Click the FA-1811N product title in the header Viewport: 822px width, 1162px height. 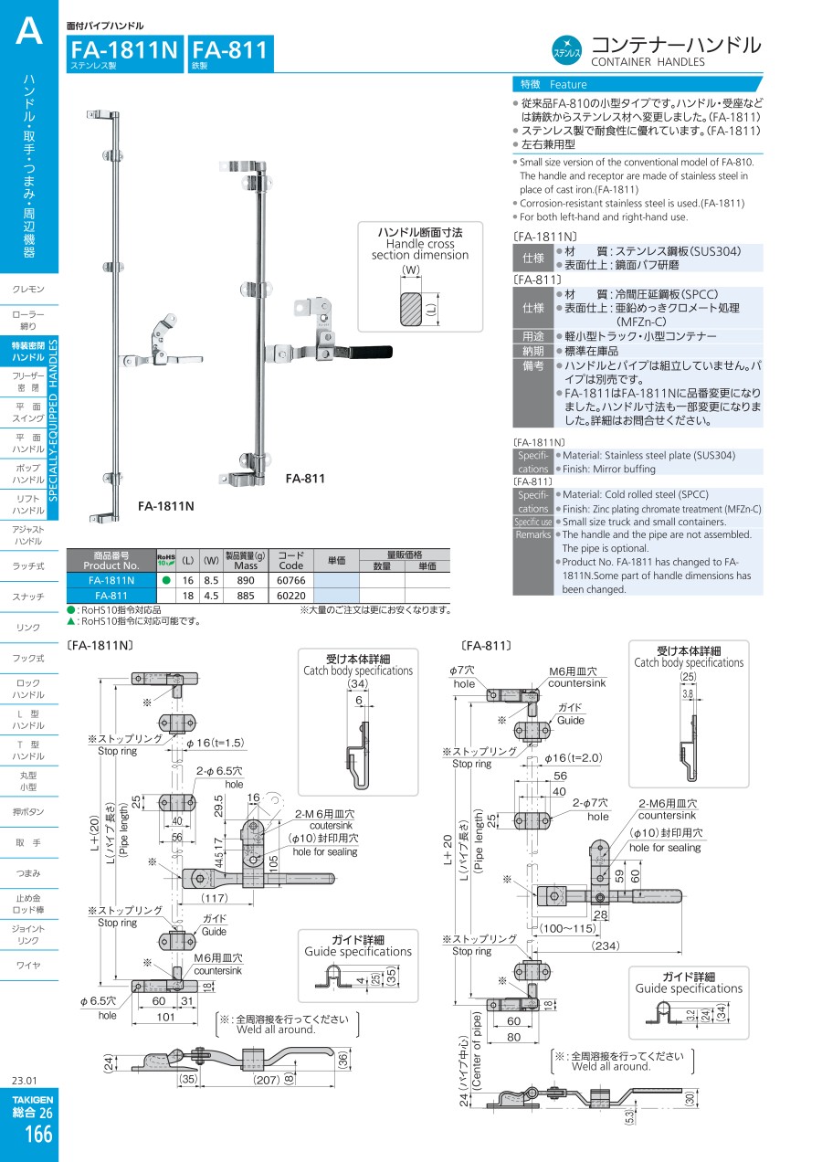124,50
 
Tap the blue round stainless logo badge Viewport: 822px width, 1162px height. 568,48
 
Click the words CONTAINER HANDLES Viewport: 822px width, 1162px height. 648,62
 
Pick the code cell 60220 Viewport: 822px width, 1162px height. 290,594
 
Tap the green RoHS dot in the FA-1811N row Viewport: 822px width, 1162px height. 165,579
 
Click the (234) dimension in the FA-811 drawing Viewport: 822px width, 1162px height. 606,946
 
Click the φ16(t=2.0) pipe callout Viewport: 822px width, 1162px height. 574,757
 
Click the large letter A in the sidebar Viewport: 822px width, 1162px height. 28,34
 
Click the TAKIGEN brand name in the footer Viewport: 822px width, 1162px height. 33,1099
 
